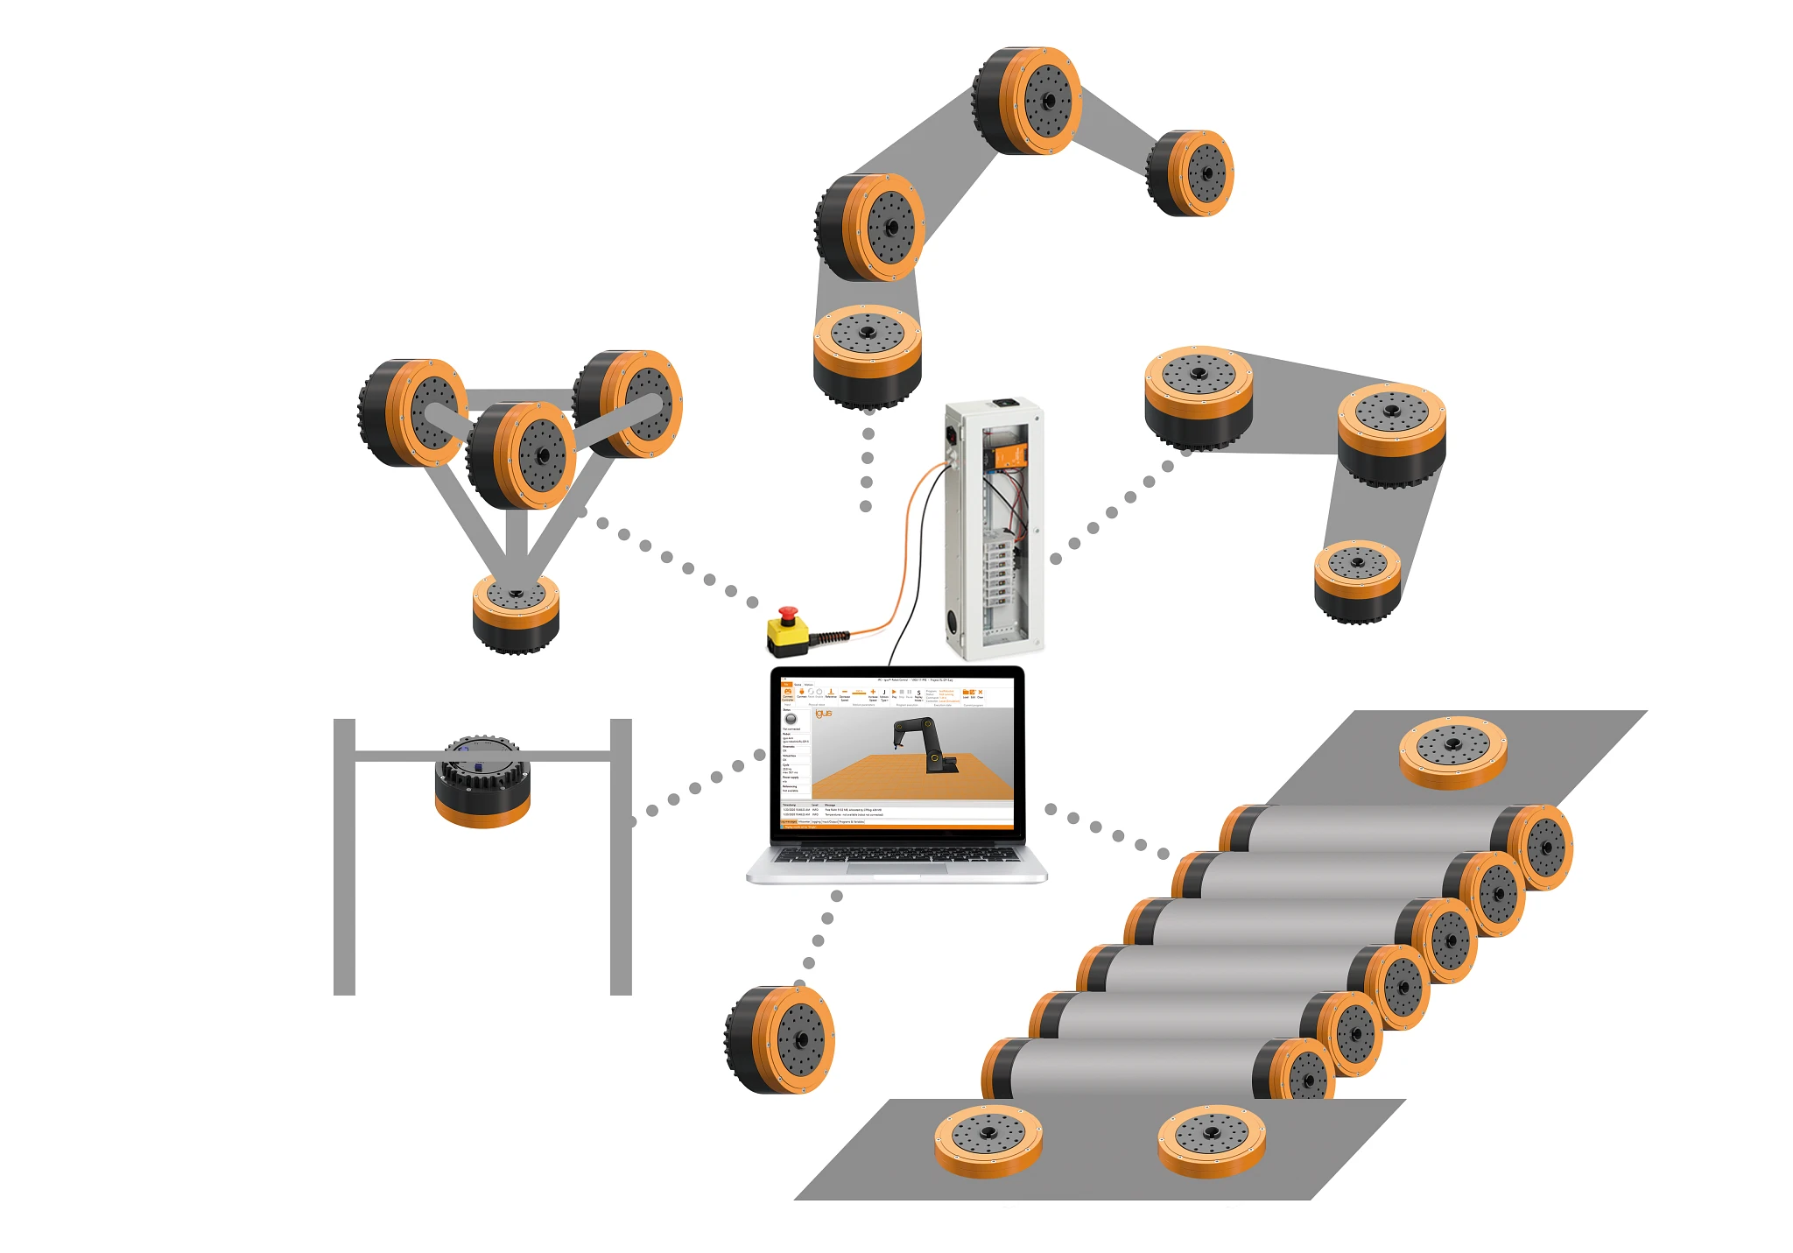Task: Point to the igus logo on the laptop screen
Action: point(824,714)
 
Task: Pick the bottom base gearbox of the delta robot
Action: point(516,612)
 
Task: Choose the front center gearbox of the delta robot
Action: point(523,454)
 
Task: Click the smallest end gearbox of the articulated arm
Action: point(1192,173)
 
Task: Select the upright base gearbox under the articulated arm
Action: point(867,355)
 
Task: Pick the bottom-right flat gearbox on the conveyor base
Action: point(1212,1140)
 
